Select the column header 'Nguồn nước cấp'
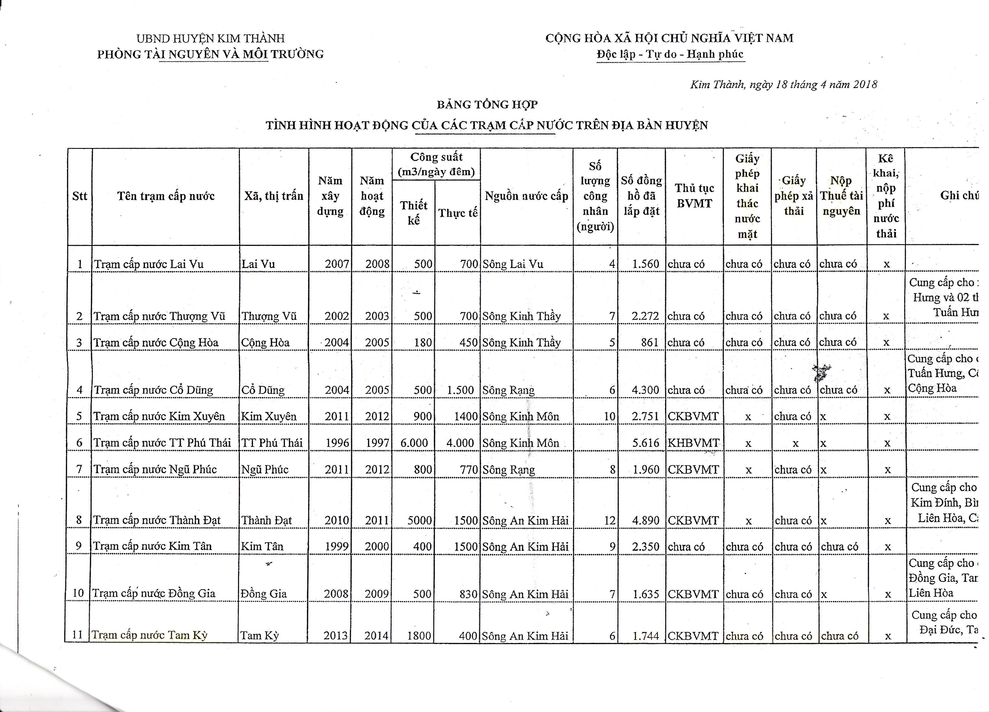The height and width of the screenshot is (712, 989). click(x=526, y=196)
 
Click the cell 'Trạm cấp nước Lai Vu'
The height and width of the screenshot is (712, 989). click(x=149, y=264)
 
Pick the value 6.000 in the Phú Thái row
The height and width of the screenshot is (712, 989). click(x=414, y=443)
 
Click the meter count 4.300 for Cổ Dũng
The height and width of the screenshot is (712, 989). click(x=645, y=390)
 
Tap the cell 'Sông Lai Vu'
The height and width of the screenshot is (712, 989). click(x=513, y=264)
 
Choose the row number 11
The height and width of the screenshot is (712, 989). click(x=78, y=635)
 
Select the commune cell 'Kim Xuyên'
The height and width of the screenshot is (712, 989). click(x=269, y=416)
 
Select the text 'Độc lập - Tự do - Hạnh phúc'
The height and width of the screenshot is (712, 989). click(x=670, y=55)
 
